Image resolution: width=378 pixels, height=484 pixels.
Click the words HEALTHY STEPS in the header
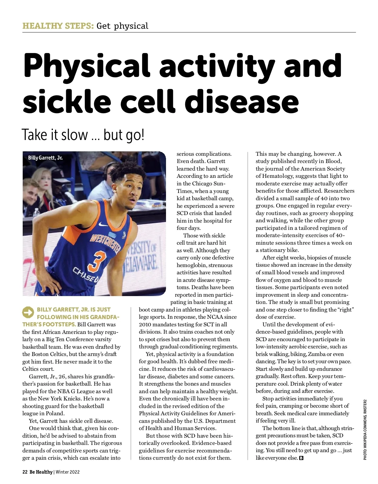pyautogui.click(x=58, y=26)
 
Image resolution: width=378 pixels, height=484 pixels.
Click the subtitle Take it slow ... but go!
pyautogui.click(x=83, y=135)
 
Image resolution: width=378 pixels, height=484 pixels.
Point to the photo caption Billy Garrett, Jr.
pyautogui.click(x=45, y=158)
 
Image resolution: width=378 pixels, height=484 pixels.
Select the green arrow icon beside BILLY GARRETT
pyautogui.click(x=28, y=312)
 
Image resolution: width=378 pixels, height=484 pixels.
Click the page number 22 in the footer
pyautogui.click(x=25, y=472)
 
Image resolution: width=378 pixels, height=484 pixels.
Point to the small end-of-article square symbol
pyautogui.click(x=301, y=458)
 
